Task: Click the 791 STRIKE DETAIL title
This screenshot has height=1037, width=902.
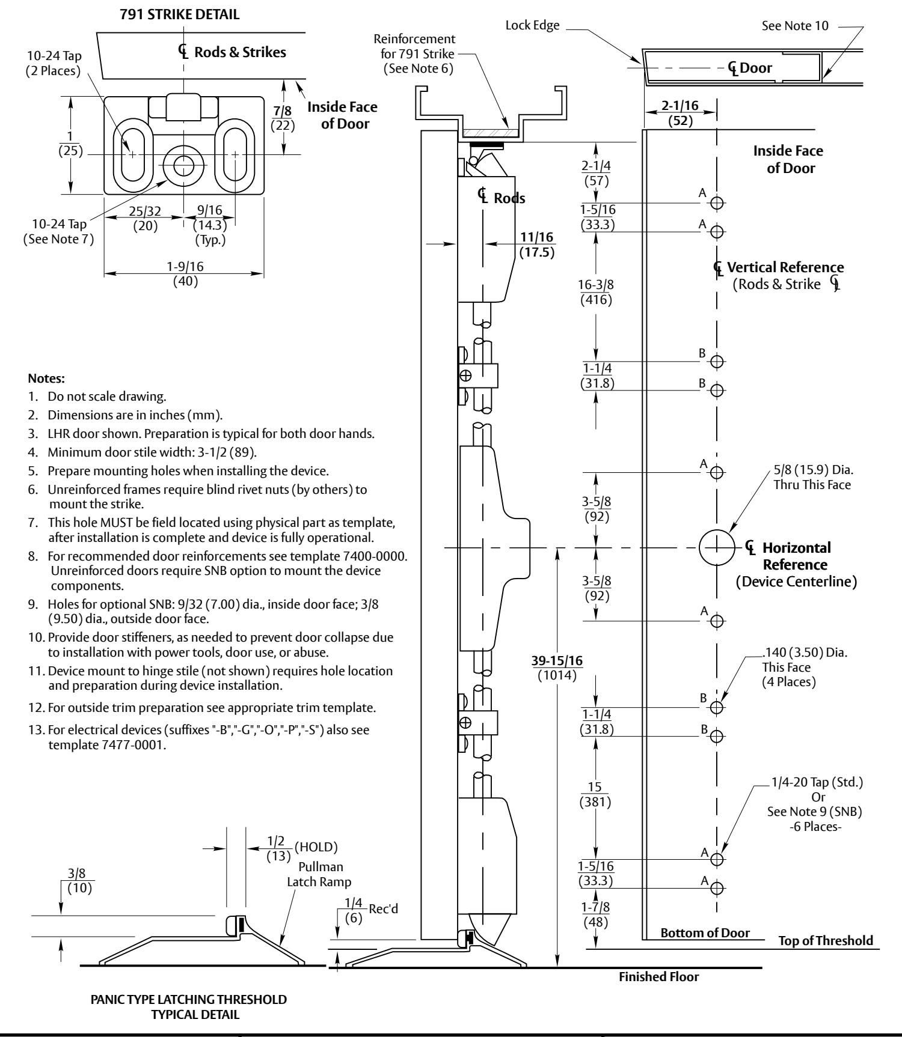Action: tap(179, 15)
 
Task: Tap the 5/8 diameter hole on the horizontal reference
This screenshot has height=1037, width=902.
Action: tap(717, 547)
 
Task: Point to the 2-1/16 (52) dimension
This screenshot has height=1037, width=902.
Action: tap(680, 113)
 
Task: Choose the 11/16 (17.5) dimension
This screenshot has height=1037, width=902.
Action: tap(537, 245)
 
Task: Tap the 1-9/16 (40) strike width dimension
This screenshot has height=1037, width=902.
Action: tap(185, 274)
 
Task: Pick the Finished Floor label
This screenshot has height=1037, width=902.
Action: tap(659, 977)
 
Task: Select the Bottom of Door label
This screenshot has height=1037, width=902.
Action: tap(705, 933)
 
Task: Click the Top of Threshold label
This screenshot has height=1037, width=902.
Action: tap(826, 941)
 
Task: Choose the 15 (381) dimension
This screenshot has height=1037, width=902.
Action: tap(596, 795)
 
